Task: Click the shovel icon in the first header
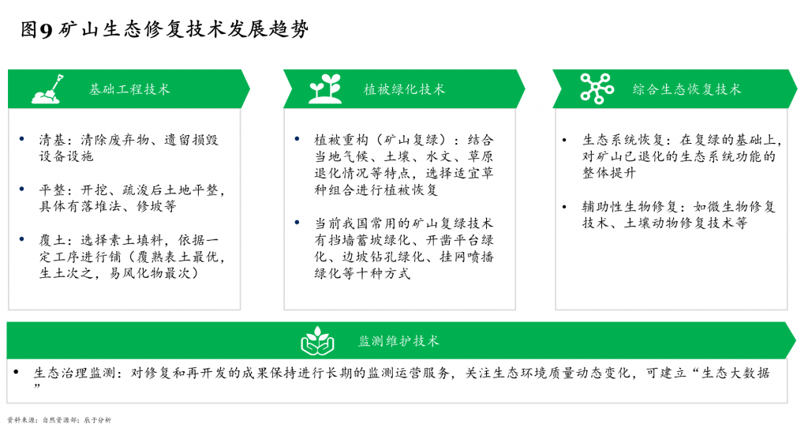[48, 88]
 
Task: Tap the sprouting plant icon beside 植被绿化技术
[324, 88]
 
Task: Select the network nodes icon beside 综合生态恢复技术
[597, 88]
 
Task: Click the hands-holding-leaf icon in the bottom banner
[317, 341]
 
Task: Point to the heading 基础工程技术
[129, 89]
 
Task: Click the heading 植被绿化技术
[404, 89]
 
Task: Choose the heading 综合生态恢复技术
[687, 89]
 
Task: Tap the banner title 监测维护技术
[398, 341]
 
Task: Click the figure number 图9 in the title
[36, 29]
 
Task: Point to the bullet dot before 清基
[21, 139]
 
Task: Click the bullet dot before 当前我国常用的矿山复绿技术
[297, 222]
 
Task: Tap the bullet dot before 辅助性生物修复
[565, 207]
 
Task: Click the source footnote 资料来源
[21, 420]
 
